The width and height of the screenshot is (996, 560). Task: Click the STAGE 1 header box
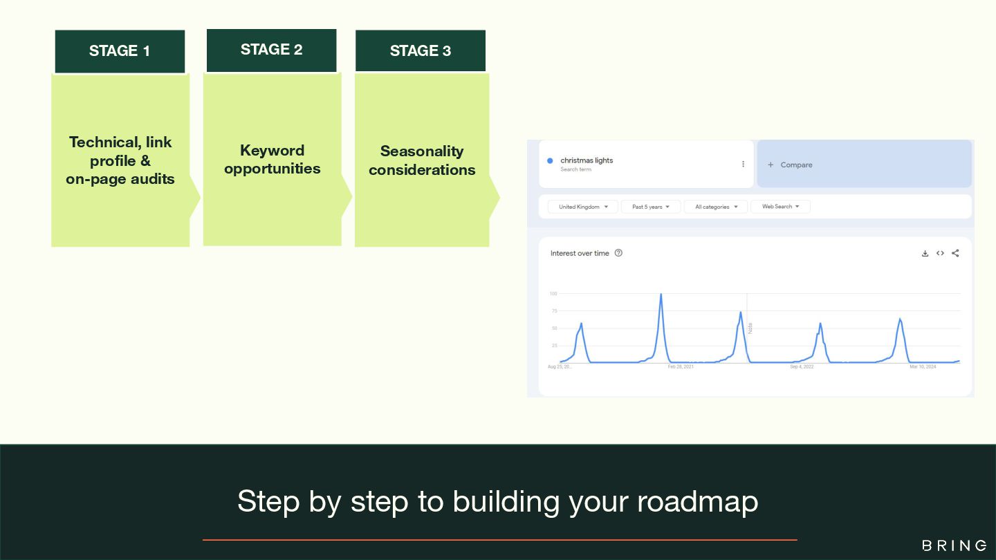pos(120,51)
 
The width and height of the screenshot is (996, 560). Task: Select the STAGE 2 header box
pos(271,50)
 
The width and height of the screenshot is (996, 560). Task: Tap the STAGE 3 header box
pos(420,51)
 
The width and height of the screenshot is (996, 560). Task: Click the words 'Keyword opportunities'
pos(272,160)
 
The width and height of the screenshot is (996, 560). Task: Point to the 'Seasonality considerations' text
pos(422,160)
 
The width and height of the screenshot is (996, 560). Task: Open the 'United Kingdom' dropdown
pos(583,207)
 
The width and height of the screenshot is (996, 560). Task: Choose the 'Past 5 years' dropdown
pos(651,207)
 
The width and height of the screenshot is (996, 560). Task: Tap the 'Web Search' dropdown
pos(780,207)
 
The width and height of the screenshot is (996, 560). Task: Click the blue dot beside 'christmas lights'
pos(550,160)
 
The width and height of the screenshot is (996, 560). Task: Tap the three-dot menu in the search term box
pos(743,165)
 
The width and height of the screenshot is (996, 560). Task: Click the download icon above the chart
pos(925,254)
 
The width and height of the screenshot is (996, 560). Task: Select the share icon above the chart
pos(955,254)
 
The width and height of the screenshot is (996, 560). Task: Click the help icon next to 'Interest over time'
pos(618,253)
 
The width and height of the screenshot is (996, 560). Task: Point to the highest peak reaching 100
pos(661,295)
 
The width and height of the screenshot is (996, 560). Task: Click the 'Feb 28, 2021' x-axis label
pos(681,367)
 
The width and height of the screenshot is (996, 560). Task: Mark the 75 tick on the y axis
pos(553,311)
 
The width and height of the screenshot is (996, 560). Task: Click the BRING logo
pos(954,545)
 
